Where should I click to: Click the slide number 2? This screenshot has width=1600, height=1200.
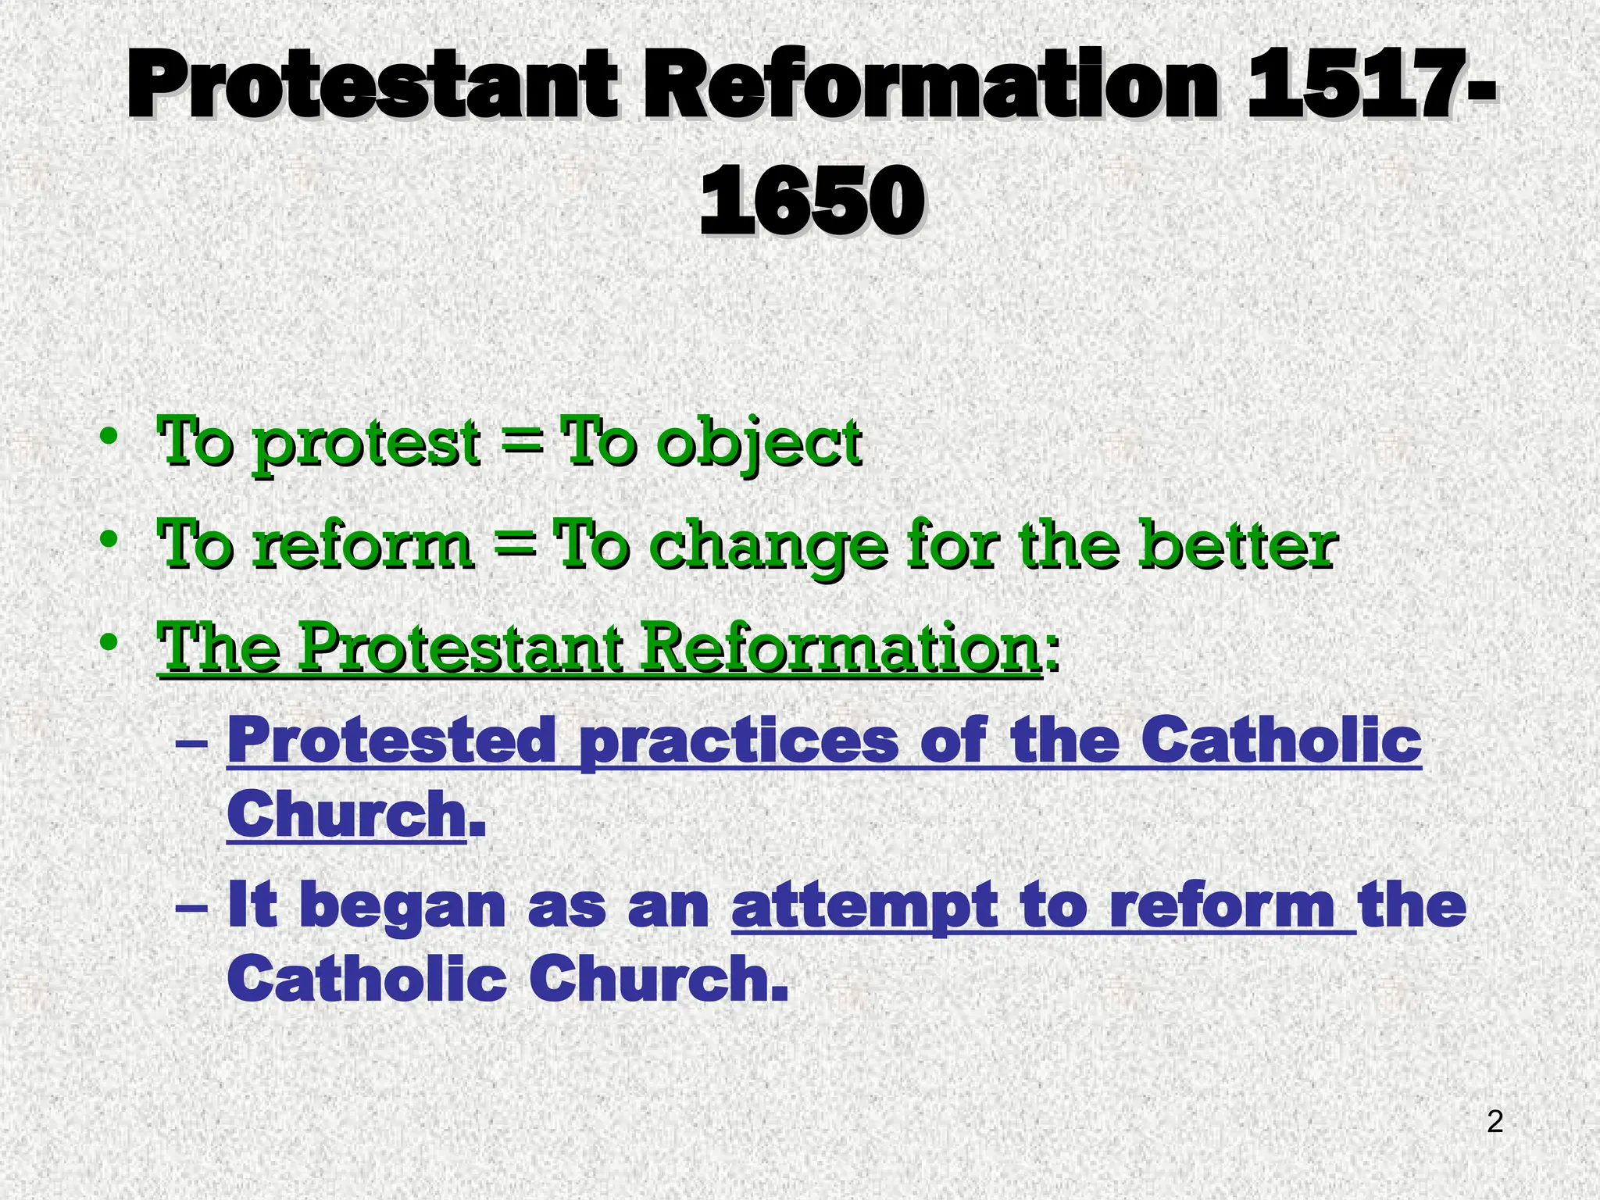pyautogui.click(x=1495, y=1123)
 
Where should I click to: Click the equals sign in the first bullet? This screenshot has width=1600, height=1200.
pyautogui.click(x=520, y=444)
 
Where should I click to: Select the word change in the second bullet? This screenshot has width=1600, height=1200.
pyautogui.click(x=769, y=547)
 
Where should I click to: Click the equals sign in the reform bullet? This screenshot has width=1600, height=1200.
pyautogui.click(x=514, y=545)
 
